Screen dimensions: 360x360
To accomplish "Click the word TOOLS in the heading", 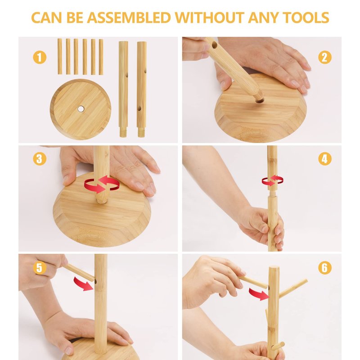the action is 306,18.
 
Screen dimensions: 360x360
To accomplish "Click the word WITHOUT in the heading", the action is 210,18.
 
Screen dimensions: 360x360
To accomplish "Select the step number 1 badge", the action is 40,58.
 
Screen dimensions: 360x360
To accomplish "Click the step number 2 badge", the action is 325,58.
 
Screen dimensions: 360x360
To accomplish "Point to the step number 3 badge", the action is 40,159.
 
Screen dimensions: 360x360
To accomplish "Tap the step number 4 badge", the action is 325,159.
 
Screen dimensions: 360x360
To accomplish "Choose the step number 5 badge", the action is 40,268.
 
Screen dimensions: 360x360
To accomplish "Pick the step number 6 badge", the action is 325,268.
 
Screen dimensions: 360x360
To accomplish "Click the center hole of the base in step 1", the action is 81,109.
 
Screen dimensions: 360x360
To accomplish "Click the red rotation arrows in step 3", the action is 102,184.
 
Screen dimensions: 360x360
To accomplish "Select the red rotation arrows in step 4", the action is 273,180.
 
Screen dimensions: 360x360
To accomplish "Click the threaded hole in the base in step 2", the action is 260,100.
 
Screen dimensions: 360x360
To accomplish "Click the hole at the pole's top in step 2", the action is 215,45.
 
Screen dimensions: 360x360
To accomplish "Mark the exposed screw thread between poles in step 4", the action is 272,193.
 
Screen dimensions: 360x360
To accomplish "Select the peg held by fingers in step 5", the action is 78,272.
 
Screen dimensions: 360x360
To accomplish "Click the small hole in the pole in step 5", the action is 95,282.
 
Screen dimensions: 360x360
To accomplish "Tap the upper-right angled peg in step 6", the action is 293,288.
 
